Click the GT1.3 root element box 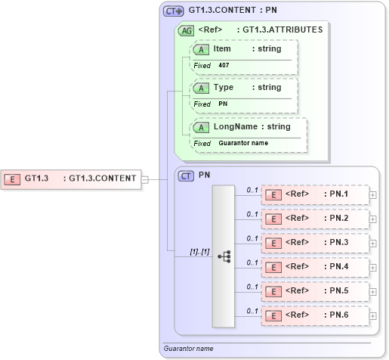[71, 178]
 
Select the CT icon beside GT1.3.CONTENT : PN [174, 11]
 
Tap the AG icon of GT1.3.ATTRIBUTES [186, 30]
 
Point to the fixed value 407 [224, 66]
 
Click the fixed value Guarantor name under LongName [243, 143]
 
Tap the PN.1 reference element [314, 195]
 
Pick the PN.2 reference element [314, 219]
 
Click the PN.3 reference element [314, 243]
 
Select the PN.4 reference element [314, 267]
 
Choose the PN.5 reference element [314, 290]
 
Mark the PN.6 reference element [314, 315]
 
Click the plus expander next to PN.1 [373, 195]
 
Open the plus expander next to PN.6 [373, 315]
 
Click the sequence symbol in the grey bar [224, 256]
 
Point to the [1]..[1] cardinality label [179, 250]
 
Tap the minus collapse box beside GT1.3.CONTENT [145, 179]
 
